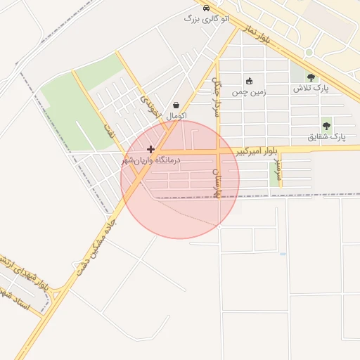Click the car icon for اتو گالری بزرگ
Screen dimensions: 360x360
click(x=205, y=8)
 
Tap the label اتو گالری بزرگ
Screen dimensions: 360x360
click(x=206, y=19)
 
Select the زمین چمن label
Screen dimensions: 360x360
click(x=247, y=91)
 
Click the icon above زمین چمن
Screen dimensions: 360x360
click(x=248, y=80)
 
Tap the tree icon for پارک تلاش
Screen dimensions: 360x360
click(x=311, y=77)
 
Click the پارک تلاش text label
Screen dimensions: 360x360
click(x=311, y=89)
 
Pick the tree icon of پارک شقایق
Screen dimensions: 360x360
click(x=327, y=125)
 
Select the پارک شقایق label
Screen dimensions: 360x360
click(x=327, y=137)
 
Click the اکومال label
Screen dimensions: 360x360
click(x=176, y=115)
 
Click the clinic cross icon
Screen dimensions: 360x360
click(x=150, y=149)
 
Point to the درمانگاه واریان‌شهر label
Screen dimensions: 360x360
click(x=150, y=161)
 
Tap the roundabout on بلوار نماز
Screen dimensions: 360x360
click(x=309, y=53)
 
